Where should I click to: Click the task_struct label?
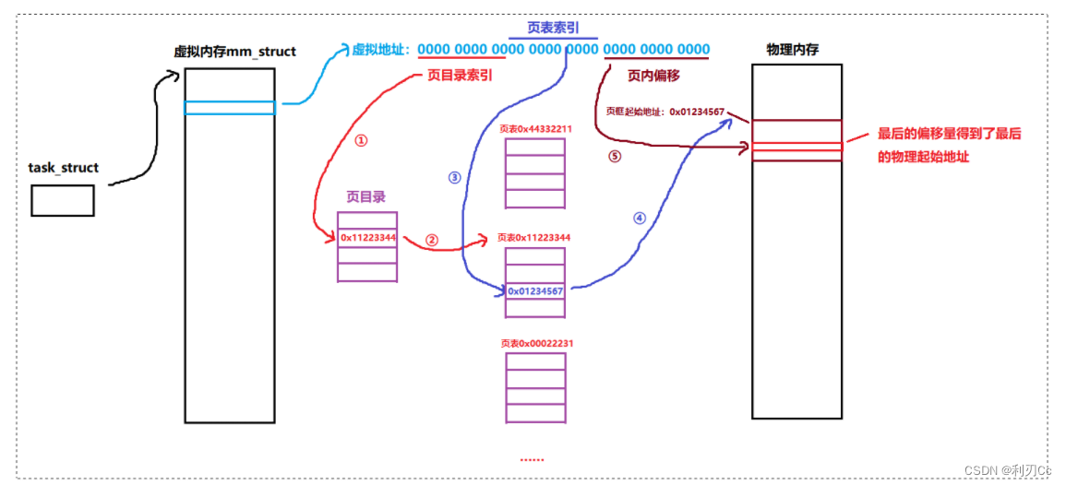(64, 169)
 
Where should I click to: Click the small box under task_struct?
(63, 200)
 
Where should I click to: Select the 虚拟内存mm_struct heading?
(234, 52)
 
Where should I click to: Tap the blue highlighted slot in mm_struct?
(230, 108)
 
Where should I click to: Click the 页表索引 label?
(553, 28)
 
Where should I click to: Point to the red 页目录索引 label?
(459, 76)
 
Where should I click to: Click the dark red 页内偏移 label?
(654, 76)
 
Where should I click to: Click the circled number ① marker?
(361, 141)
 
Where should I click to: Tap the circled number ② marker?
(431, 239)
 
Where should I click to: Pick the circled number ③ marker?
(454, 178)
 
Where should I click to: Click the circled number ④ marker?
(640, 219)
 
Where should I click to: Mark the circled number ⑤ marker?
(615, 156)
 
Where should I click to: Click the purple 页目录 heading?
(365, 196)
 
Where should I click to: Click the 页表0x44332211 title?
(535, 129)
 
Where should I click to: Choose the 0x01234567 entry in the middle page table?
(535, 291)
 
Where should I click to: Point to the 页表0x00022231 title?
(535, 344)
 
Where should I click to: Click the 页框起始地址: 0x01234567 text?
(665, 112)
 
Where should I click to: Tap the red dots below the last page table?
(533, 458)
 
